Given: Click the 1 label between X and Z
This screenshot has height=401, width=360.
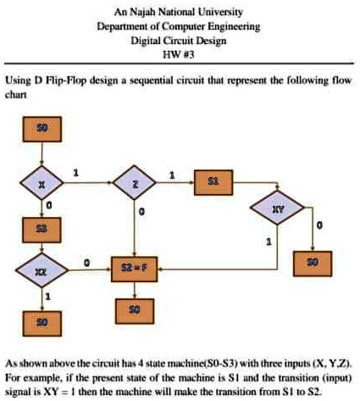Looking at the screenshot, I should pyautogui.click(x=78, y=173).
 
